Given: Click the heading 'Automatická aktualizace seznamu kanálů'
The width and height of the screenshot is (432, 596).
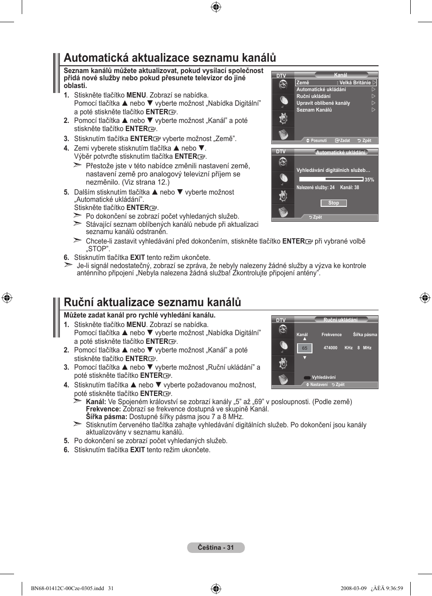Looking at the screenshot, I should pyautogui.click(x=170, y=58).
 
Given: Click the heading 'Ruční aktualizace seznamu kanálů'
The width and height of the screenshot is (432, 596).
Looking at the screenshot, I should pyautogui.click(x=152, y=303).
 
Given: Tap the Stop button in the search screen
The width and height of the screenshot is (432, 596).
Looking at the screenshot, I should pyautogui.click(x=333, y=203).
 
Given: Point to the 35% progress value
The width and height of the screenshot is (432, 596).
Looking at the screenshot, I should pyautogui.click(x=369, y=180).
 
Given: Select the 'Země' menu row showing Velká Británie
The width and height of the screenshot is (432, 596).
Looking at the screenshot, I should pyautogui.click(x=336, y=83).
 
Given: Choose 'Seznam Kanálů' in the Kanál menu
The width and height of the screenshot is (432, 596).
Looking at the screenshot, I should pyautogui.click(x=314, y=110).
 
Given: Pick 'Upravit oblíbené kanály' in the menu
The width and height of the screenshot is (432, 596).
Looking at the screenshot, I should pyautogui.click(x=323, y=103).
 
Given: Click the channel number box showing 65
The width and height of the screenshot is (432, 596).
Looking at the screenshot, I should pyautogui.click(x=305, y=348).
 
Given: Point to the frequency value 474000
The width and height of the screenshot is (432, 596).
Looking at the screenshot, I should pyautogui.click(x=330, y=348).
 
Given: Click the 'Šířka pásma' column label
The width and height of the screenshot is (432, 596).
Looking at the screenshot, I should pyautogui.click(x=365, y=335).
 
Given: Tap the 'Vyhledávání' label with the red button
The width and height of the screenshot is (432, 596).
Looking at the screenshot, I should pyautogui.click(x=323, y=377).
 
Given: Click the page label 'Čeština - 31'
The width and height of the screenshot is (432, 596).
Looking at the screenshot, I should pyautogui.click(x=216, y=547).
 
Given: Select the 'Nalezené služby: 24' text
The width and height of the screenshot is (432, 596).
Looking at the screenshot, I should pyautogui.click(x=315, y=187).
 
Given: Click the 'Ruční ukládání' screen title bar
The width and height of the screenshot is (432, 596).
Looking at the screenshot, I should pyautogui.click(x=341, y=320).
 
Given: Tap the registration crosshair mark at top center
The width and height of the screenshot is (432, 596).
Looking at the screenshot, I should pyautogui.click(x=216, y=7).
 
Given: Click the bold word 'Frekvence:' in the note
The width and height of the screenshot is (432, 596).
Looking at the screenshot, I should pyautogui.click(x=103, y=409).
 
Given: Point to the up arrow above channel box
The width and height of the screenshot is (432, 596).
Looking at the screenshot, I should pyautogui.click(x=305, y=339).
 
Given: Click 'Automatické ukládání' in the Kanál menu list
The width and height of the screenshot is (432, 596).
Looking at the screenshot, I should pyautogui.click(x=321, y=89).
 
